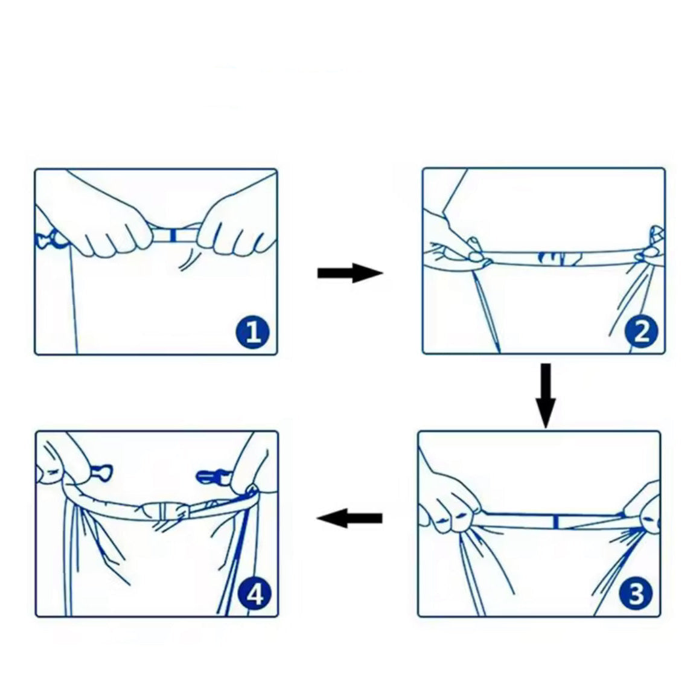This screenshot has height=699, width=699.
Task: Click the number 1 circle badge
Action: coord(252,332)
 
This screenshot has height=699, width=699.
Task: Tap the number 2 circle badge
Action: coord(641,331)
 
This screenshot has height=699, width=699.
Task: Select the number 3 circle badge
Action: coord(635,593)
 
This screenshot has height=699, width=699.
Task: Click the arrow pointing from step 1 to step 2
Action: coord(350,273)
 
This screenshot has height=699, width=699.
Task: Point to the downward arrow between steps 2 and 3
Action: coord(546,395)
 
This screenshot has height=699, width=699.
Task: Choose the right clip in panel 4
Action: coord(209,477)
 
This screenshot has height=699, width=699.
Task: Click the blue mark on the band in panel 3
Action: coord(556,522)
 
